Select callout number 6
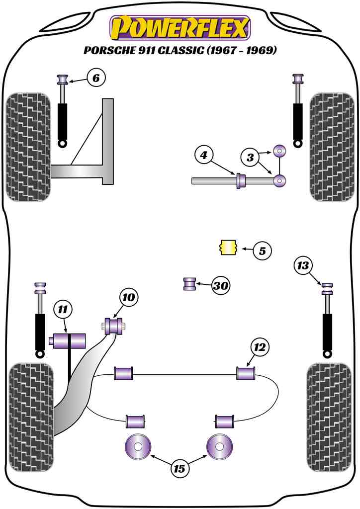(96, 78)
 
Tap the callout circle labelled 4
(203, 156)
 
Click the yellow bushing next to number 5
(228, 247)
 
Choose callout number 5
(262, 251)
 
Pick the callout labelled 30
(220, 285)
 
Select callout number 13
(303, 265)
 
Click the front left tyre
(29, 148)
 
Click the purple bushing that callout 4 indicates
(241, 181)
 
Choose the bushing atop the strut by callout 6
(63, 80)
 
